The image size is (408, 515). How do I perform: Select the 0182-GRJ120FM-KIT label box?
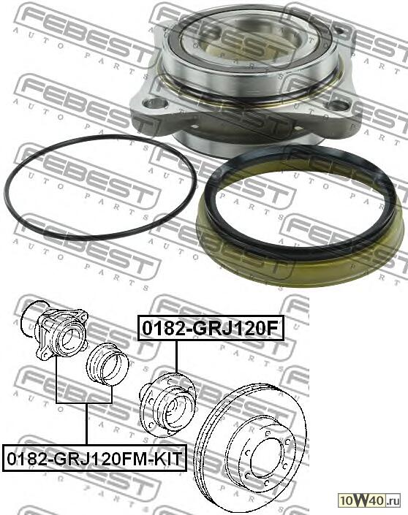[94, 458]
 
